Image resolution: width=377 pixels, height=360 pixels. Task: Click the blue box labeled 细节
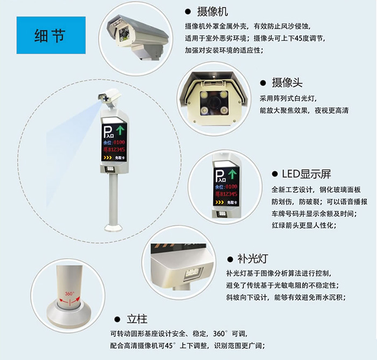[51, 35]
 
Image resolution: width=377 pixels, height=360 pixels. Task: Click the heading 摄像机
[212, 11]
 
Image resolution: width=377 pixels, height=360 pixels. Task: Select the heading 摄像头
[287, 82]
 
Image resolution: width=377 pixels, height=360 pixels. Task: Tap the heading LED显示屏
[306, 174]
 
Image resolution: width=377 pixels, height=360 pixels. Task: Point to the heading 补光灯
[253, 259]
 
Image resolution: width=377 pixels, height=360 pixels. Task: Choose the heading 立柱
[137, 320]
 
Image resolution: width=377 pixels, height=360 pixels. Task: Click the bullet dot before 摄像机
[188, 11]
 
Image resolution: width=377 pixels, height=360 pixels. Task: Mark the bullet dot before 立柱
[117, 320]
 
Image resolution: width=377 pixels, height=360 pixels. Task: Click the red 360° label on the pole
[69, 294]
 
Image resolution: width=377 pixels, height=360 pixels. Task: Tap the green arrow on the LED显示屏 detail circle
[232, 174]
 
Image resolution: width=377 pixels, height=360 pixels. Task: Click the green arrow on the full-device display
[120, 130]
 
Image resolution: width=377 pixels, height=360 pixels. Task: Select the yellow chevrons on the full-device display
[108, 157]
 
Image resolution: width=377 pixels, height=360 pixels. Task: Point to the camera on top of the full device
[109, 97]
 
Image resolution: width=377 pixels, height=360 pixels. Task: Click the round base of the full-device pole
[114, 227]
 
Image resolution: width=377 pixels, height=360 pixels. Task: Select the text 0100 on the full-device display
[119, 142]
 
